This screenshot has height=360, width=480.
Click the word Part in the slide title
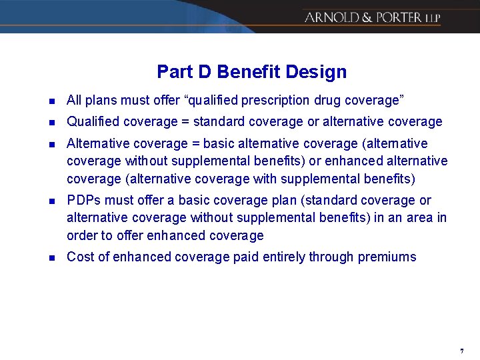point(171,72)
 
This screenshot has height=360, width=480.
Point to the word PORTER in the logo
point(399,17)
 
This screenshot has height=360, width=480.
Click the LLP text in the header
point(433,19)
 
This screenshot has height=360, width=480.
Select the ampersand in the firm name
point(367,17)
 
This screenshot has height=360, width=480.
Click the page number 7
point(461,351)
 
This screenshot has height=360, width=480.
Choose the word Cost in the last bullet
point(79,257)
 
